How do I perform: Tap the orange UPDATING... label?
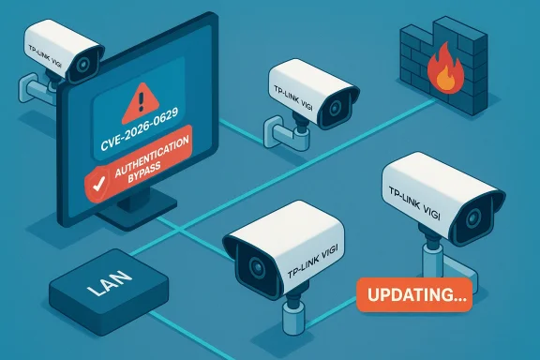pyautogui.click(x=412, y=294)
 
